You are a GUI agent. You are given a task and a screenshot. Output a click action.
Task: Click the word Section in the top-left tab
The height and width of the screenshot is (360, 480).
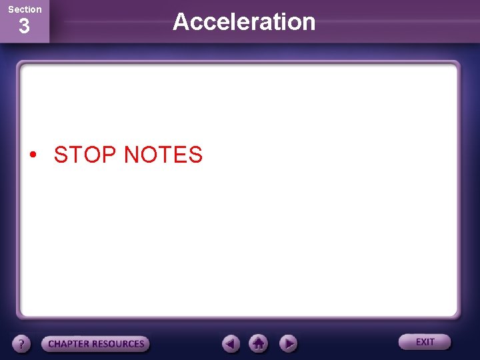[25, 9]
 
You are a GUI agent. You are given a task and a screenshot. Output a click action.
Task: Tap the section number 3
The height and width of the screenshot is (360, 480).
[24, 27]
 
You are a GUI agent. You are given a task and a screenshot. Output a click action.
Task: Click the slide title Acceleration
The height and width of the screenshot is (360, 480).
[244, 22]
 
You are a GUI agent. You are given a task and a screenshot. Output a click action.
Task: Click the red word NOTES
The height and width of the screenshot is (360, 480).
[163, 155]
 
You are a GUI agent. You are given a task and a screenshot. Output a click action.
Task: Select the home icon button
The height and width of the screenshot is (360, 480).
[259, 343]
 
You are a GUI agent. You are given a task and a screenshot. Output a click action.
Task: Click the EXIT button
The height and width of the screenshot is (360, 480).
[425, 342]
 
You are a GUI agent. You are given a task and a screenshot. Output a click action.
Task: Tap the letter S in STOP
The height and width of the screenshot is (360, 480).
[61, 155]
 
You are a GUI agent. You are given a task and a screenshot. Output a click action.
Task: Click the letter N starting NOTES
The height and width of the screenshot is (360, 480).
[132, 155]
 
